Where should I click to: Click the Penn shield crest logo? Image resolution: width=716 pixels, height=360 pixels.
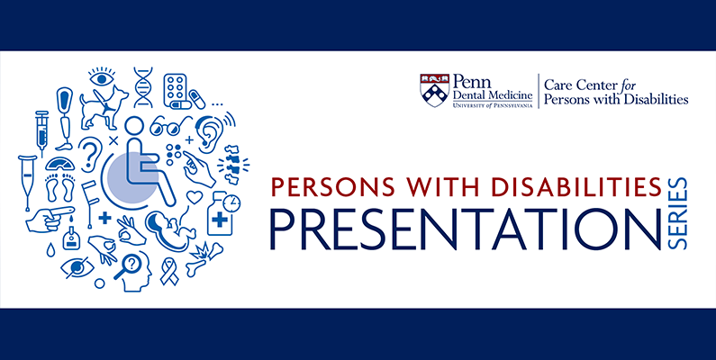point(434,90)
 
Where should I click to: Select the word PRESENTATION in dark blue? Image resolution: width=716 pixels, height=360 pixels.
point(466,229)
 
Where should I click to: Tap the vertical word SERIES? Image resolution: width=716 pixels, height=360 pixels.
point(678,213)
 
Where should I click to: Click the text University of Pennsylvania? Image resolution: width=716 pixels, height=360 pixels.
point(493,105)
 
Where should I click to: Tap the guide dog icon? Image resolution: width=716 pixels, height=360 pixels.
point(104,108)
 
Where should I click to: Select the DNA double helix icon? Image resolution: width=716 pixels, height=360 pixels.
point(143,87)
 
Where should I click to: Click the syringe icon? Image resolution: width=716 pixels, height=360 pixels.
point(41,132)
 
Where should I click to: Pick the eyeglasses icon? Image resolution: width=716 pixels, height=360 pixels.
point(170,126)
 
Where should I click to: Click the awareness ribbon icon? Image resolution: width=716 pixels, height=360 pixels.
point(169,271)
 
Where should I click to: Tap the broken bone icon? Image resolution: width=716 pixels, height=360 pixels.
point(204,259)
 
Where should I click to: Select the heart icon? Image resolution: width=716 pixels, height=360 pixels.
point(195,197)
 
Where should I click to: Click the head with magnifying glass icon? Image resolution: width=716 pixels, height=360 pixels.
point(133,272)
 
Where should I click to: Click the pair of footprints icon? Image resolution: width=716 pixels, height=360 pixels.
point(60,186)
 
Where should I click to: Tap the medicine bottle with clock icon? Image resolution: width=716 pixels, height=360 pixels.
point(222,212)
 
